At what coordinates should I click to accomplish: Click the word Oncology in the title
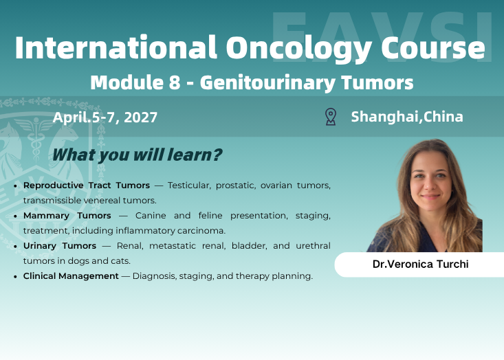point(278,48)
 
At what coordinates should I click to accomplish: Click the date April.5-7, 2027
point(105,117)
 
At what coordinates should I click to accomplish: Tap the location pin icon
point(330,116)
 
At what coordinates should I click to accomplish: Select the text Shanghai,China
point(407,116)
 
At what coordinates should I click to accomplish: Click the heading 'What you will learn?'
point(137,155)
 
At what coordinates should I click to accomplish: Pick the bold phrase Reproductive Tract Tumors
point(87,185)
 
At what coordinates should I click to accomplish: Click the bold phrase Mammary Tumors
point(67,216)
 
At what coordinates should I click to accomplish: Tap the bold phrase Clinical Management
point(71,276)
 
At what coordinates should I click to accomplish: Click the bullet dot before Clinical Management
point(16,277)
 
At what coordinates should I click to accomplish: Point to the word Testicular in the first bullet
point(190,185)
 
